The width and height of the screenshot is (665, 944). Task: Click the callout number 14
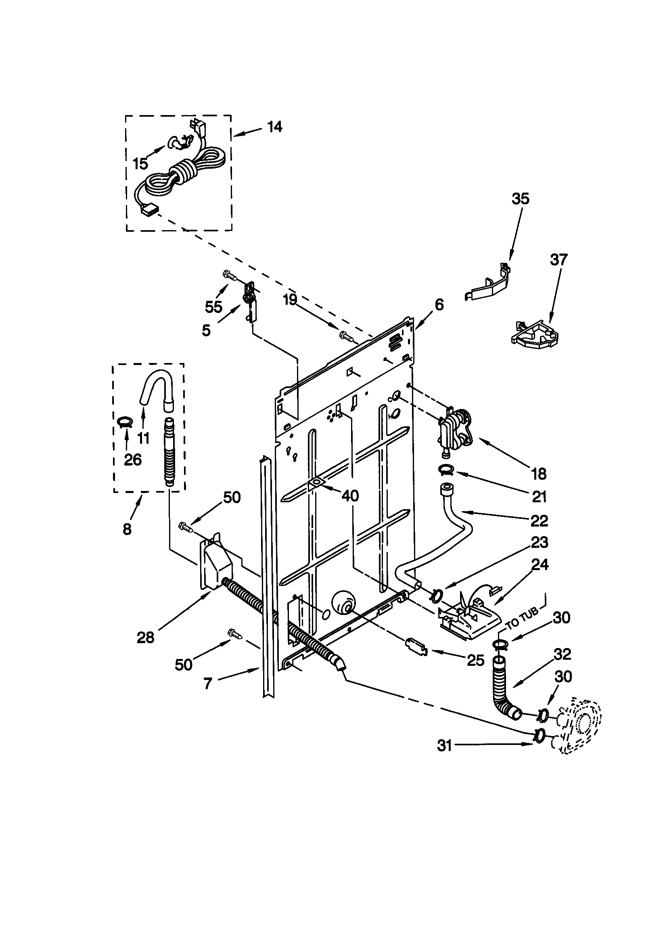point(274,127)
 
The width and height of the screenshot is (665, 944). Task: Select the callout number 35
point(520,199)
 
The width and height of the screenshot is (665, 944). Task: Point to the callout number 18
point(539,474)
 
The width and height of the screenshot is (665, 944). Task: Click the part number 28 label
point(146,637)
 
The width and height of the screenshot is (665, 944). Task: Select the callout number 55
point(214,307)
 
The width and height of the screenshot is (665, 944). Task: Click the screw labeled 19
point(346,336)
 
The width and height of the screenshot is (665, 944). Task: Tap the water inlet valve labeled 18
point(456,432)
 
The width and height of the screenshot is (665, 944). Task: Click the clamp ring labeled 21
point(445,469)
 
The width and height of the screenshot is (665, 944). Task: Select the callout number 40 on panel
point(350,496)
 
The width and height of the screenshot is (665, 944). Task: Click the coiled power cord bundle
point(181,172)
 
